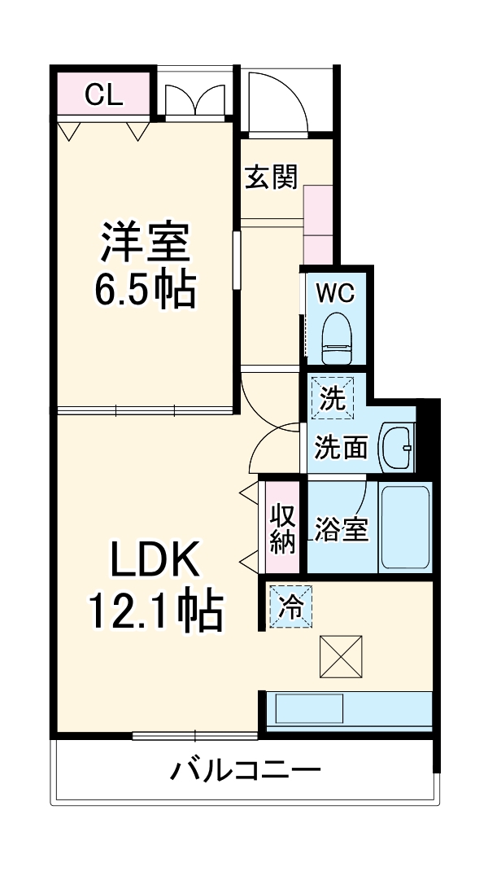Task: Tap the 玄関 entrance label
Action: click(x=272, y=176)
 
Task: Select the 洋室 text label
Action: click(x=145, y=241)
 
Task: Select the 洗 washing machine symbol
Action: click(x=332, y=399)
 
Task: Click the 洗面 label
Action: click(x=342, y=447)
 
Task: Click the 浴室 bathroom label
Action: click(x=342, y=528)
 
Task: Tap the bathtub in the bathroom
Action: click(x=406, y=528)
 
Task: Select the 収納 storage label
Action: click(x=281, y=528)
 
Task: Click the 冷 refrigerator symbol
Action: click(x=290, y=607)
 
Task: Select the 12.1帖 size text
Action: click(x=155, y=611)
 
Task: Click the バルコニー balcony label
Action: click(x=244, y=769)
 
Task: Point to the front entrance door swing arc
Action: click(x=277, y=102)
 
